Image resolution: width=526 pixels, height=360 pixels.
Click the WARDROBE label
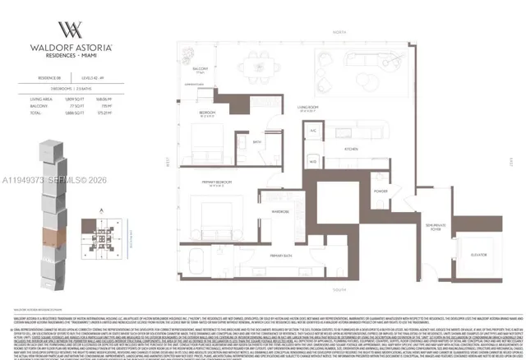(x=279, y=210)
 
